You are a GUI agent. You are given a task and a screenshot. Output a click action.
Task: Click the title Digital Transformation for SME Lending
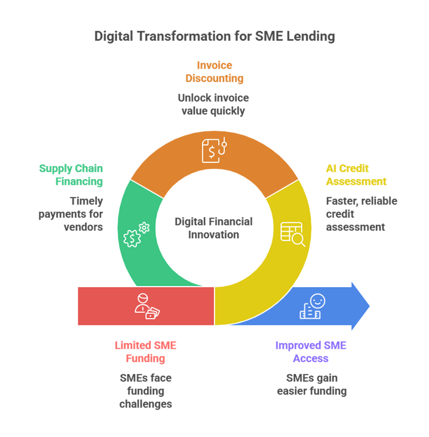[x=214, y=37]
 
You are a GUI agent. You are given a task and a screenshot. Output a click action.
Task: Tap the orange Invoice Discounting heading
[x=214, y=72]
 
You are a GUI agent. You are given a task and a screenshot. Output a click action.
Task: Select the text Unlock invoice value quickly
[x=214, y=105]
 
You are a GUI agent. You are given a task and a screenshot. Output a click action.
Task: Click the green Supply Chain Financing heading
[x=71, y=175]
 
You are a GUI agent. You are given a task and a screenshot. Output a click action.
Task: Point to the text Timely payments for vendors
[x=71, y=213]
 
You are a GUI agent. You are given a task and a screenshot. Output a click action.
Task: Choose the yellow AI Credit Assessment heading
[x=356, y=175]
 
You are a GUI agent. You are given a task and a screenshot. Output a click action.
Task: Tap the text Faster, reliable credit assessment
[x=361, y=213]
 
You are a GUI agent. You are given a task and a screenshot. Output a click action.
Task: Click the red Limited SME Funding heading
[x=146, y=352]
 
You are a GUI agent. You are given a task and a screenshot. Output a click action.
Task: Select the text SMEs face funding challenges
[x=146, y=391]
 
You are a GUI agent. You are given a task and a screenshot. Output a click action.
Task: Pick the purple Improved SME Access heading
[x=311, y=352]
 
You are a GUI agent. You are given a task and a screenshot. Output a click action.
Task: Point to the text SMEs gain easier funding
[x=312, y=384]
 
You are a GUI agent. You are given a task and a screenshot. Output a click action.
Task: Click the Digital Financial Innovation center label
[x=214, y=228]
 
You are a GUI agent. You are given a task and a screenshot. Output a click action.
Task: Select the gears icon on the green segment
[x=136, y=234]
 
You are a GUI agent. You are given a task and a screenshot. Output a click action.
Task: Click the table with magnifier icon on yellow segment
[x=293, y=234]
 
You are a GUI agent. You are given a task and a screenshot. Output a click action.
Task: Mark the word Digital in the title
[x=111, y=37]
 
